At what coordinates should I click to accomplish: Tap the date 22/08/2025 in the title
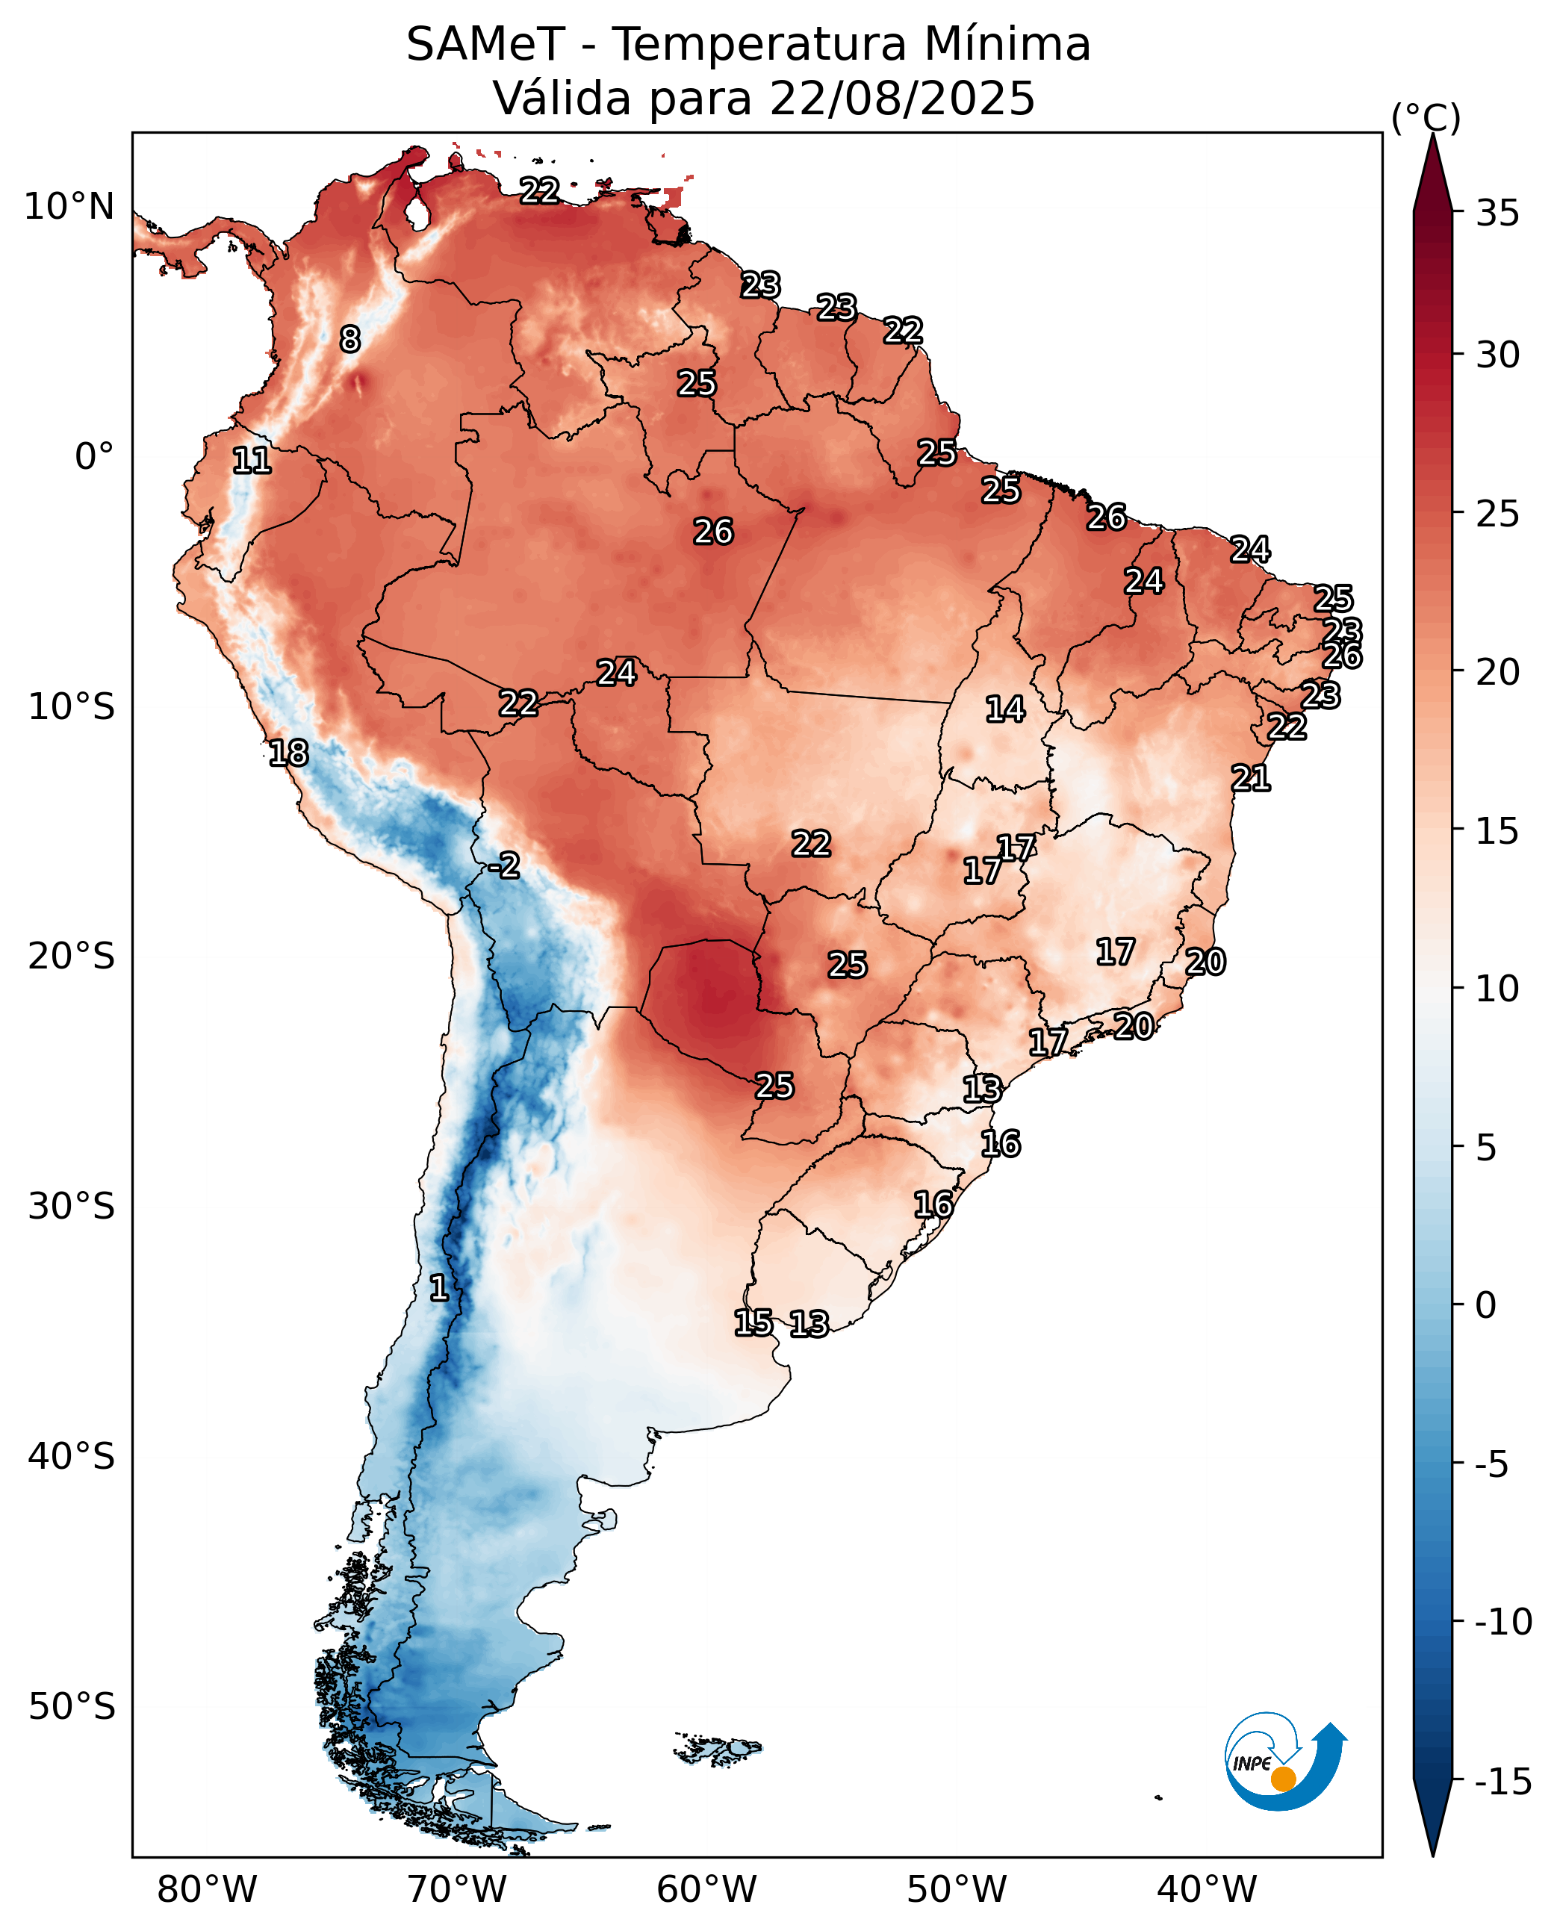901,98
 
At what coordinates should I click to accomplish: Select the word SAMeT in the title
485,44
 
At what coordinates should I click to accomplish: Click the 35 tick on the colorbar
1498,214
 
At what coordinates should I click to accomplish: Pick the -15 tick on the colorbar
1503,1782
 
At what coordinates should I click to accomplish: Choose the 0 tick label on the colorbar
1486,1305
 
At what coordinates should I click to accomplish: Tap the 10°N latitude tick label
69,206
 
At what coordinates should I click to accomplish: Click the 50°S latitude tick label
72,1707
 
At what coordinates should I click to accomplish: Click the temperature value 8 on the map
349,339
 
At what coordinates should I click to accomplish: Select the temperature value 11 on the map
252,461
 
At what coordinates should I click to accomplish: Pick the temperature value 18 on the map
289,753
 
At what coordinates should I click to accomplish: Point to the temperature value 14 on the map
1005,709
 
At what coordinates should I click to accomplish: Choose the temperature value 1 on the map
438,1288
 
